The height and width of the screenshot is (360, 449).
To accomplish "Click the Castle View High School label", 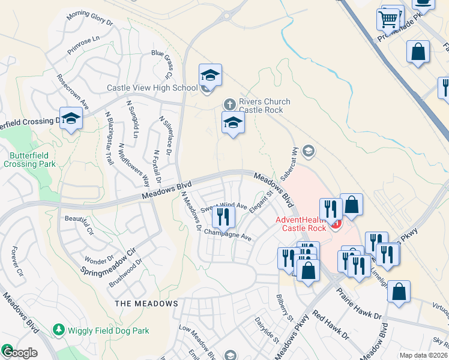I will click(152, 88).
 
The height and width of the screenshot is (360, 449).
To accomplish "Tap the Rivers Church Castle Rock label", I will click(264, 106).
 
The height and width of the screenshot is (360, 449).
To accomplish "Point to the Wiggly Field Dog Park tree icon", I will click(58, 329).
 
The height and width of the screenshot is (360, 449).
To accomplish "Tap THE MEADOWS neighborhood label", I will click(146, 304).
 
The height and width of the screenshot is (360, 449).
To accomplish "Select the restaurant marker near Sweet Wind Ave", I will click(223, 216).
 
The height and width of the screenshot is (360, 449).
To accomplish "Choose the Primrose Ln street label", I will click(83, 45).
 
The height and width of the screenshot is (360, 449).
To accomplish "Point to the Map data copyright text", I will click(424, 355).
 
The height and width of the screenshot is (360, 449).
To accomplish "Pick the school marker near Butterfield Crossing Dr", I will click(71, 119).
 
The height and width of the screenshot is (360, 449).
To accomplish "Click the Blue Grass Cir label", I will click(162, 64).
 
